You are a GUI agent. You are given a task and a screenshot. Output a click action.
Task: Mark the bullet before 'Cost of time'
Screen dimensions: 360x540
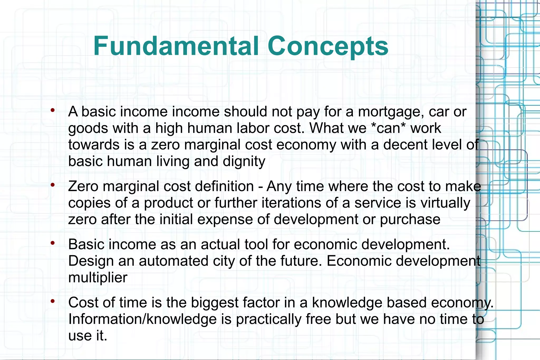(53, 301)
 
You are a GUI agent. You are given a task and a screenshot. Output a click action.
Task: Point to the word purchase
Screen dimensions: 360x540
(410, 219)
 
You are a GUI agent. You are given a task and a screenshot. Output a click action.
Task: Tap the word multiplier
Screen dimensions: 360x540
(98, 277)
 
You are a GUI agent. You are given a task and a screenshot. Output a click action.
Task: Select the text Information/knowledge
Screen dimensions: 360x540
(142, 319)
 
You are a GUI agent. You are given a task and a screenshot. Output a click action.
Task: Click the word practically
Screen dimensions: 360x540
(268, 319)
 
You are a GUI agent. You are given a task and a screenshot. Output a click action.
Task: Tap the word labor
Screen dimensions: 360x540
(253, 128)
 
